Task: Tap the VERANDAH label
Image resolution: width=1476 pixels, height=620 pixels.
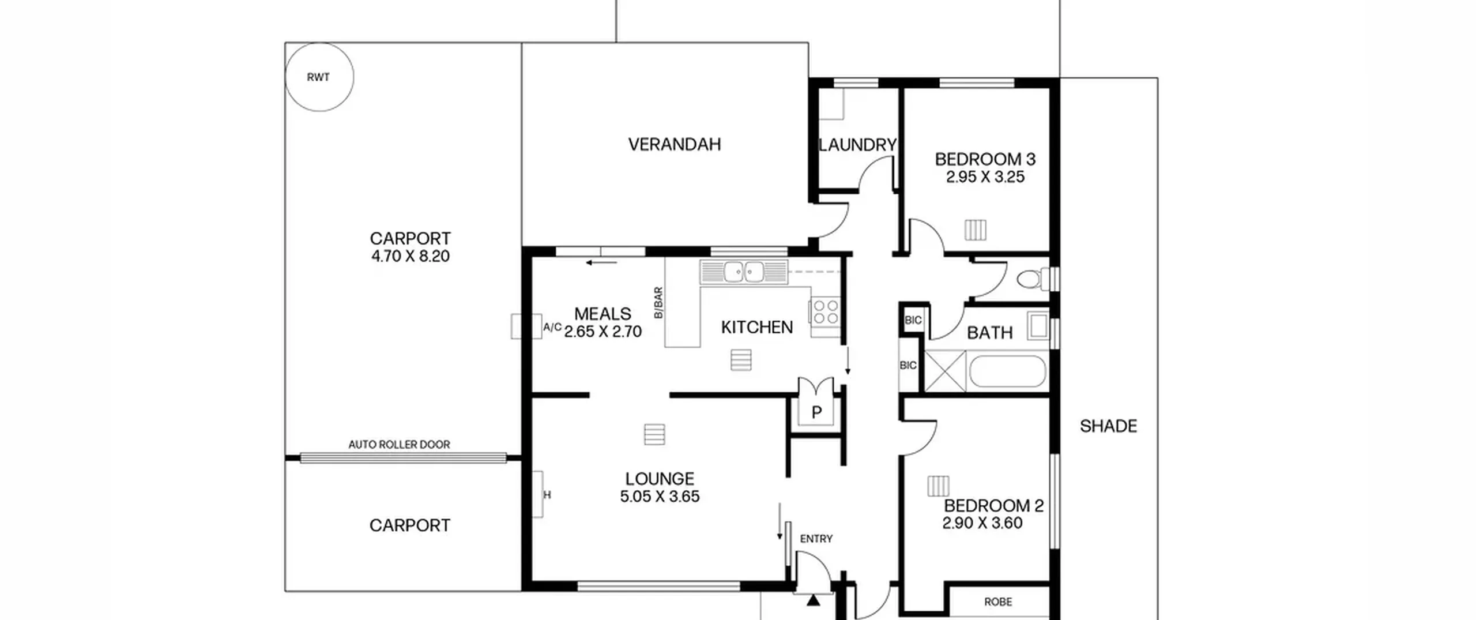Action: pyautogui.click(x=675, y=144)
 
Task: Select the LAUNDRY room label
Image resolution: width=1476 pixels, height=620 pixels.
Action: pyautogui.click(x=857, y=145)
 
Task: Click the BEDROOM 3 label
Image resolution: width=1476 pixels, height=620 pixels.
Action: pyautogui.click(x=985, y=159)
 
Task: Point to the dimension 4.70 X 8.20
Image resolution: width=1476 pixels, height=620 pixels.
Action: pyautogui.click(x=410, y=256)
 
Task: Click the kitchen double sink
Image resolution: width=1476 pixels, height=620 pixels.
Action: pyautogui.click(x=744, y=272)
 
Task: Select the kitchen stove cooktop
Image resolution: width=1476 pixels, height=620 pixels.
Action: pyautogui.click(x=825, y=311)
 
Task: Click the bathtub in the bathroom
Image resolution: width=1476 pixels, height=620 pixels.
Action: pyautogui.click(x=1007, y=371)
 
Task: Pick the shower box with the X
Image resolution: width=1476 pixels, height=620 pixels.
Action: pyautogui.click(x=945, y=371)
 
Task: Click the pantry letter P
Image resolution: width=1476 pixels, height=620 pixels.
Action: pyautogui.click(x=816, y=412)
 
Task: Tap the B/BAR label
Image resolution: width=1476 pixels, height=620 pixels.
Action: pyautogui.click(x=658, y=303)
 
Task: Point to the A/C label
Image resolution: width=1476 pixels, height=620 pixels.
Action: pyautogui.click(x=552, y=328)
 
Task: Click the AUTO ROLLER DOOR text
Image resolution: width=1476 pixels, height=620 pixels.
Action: pyautogui.click(x=399, y=444)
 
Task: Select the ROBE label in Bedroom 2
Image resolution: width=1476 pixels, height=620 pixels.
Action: pyautogui.click(x=998, y=602)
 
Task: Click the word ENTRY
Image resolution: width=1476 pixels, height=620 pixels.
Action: pyautogui.click(x=816, y=539)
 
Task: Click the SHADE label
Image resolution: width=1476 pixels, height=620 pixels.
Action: pyautogui.click(x=1108, y=426)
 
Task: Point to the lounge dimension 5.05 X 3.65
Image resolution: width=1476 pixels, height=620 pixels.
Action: pyautogui.click(x=660, y=497)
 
